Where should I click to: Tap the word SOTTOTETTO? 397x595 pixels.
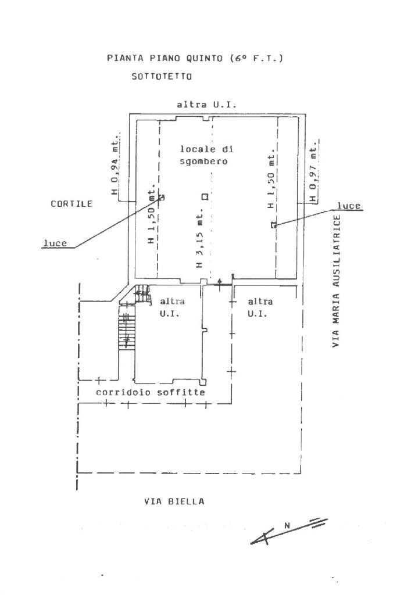coord(162,76)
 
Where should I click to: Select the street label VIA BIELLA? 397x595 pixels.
coord(174,501)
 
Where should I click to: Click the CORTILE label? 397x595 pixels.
coord(71,204)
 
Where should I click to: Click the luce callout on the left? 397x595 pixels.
coord(55,243)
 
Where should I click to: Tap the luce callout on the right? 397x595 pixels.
coord(349,206)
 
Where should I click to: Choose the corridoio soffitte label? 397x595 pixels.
coord(151,393)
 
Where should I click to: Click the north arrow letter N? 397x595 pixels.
coord(287,525)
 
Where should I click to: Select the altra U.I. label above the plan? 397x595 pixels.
coord(207,105)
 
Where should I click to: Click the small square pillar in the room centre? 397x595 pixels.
coord(204,196)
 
